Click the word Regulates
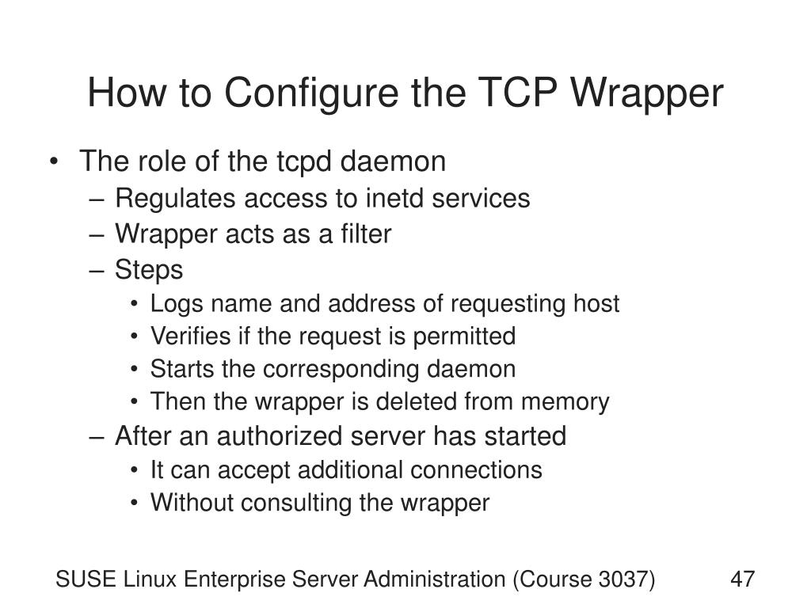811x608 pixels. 176,198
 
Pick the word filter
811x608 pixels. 366,234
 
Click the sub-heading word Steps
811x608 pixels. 149,270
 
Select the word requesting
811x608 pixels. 502,304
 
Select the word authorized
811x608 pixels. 309,436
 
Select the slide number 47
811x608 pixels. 742,580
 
